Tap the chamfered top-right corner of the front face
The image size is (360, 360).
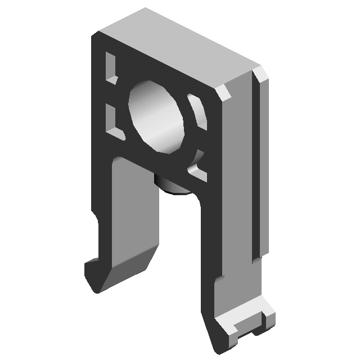click(224, 93)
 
